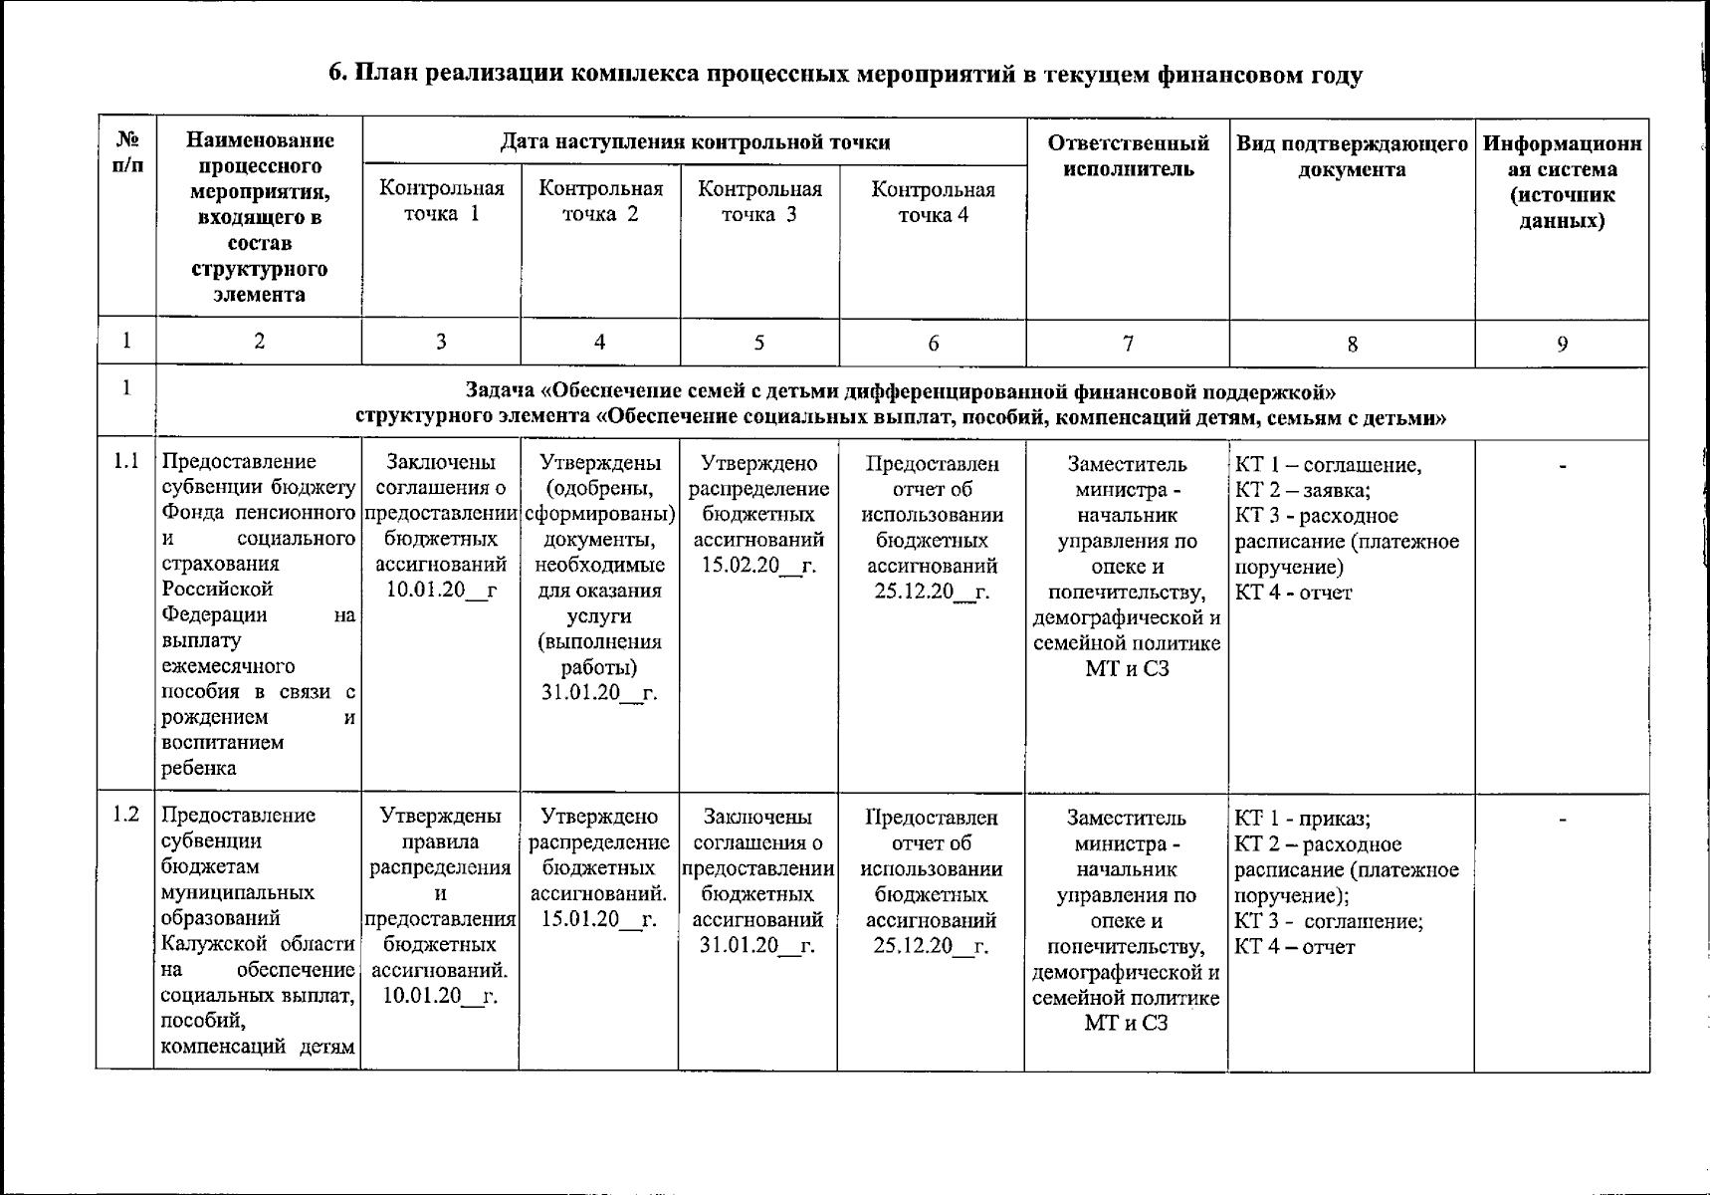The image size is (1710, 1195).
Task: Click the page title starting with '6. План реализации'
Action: coord(845,75)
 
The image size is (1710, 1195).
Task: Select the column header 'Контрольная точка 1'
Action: coord(442,201)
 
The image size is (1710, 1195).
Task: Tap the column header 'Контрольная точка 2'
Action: coord(600,201)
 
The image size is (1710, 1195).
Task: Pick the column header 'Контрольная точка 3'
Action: coord(759,201)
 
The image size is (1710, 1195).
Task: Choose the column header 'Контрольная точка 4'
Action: coord(933,202)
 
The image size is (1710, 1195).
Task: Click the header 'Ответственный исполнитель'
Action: coord(1128,155)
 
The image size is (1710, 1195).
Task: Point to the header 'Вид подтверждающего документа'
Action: coord(1352,155)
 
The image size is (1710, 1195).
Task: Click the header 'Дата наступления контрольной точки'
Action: coord(694,141)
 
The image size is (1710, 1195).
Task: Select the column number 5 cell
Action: coord(758,342)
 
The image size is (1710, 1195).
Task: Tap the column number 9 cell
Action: coord(1562,344)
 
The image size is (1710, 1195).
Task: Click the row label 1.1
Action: coord(125,461)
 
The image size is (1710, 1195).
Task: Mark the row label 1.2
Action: coord(125,815)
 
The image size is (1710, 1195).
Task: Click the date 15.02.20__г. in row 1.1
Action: coord(758,566)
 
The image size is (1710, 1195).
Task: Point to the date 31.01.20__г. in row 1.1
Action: coord(599,692)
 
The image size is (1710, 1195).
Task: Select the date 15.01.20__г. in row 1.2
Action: coord(599,919)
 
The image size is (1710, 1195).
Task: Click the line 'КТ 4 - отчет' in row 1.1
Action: coord(1293,593)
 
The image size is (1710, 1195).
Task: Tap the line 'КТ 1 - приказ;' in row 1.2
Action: coord(1302,819)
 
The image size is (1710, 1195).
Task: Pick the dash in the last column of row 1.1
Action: coord(1562,465)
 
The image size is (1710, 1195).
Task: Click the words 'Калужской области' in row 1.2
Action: coord(258,943)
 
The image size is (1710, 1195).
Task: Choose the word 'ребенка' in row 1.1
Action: coord(199,768)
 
